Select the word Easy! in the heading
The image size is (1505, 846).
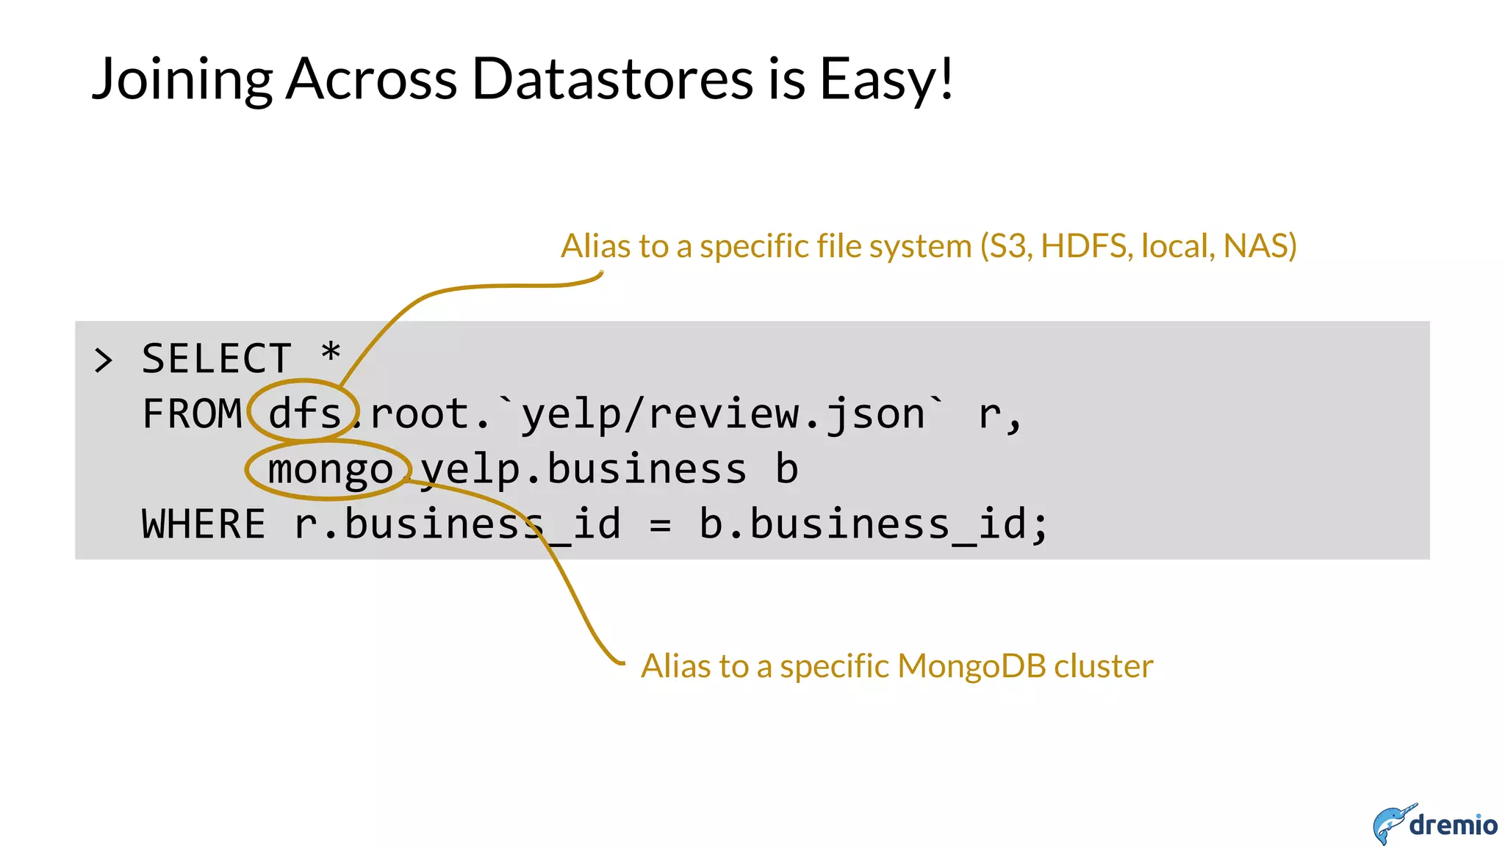click(886, 79)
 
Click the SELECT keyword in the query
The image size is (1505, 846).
click(217, 359)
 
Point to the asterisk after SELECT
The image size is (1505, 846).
click(331, 353)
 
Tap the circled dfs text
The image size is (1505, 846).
click(304, 413)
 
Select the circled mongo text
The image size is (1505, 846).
click(330, 470)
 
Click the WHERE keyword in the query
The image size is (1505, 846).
click(204, 524)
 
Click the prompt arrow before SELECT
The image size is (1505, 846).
click(104, 361)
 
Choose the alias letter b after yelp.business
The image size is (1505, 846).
click(786, 469)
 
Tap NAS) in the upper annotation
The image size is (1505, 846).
click(1260, 246)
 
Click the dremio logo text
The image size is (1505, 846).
click(1453, 825)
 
